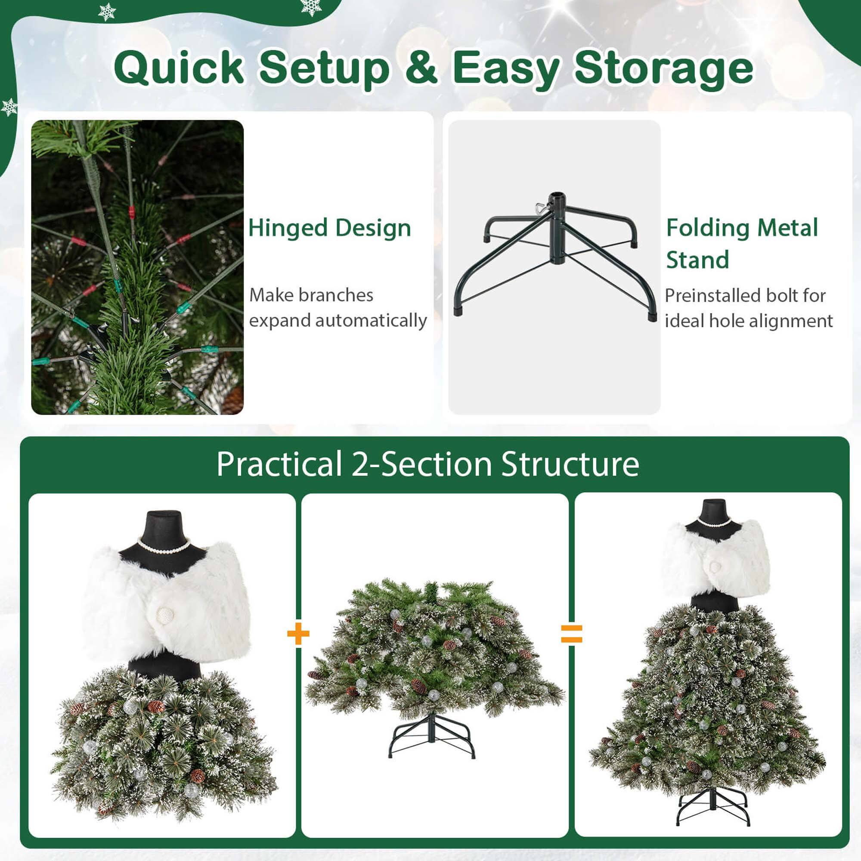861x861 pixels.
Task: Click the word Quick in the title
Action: pyautogui.click(x=179, y=68)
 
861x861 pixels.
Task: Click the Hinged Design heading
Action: pyautogui.click(x=329, y=228)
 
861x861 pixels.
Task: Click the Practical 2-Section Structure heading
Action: pyautogui.click(x=428, y=465)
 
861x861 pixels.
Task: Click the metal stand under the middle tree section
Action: pyautogui.click(x=431, y=736)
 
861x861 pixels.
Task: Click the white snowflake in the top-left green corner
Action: pyautogui.click(x=107, y=12)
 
